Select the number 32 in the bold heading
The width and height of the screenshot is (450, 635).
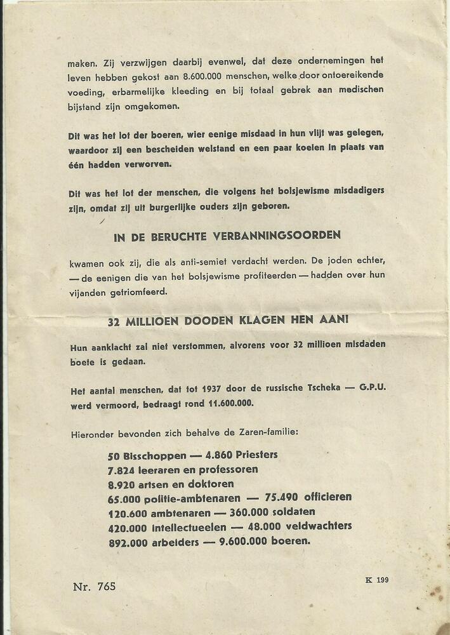(114, 321)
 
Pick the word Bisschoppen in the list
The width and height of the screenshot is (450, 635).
(156, 455)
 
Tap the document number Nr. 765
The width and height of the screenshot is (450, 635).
(95, 586)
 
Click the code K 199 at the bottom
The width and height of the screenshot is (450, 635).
(377, 580)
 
